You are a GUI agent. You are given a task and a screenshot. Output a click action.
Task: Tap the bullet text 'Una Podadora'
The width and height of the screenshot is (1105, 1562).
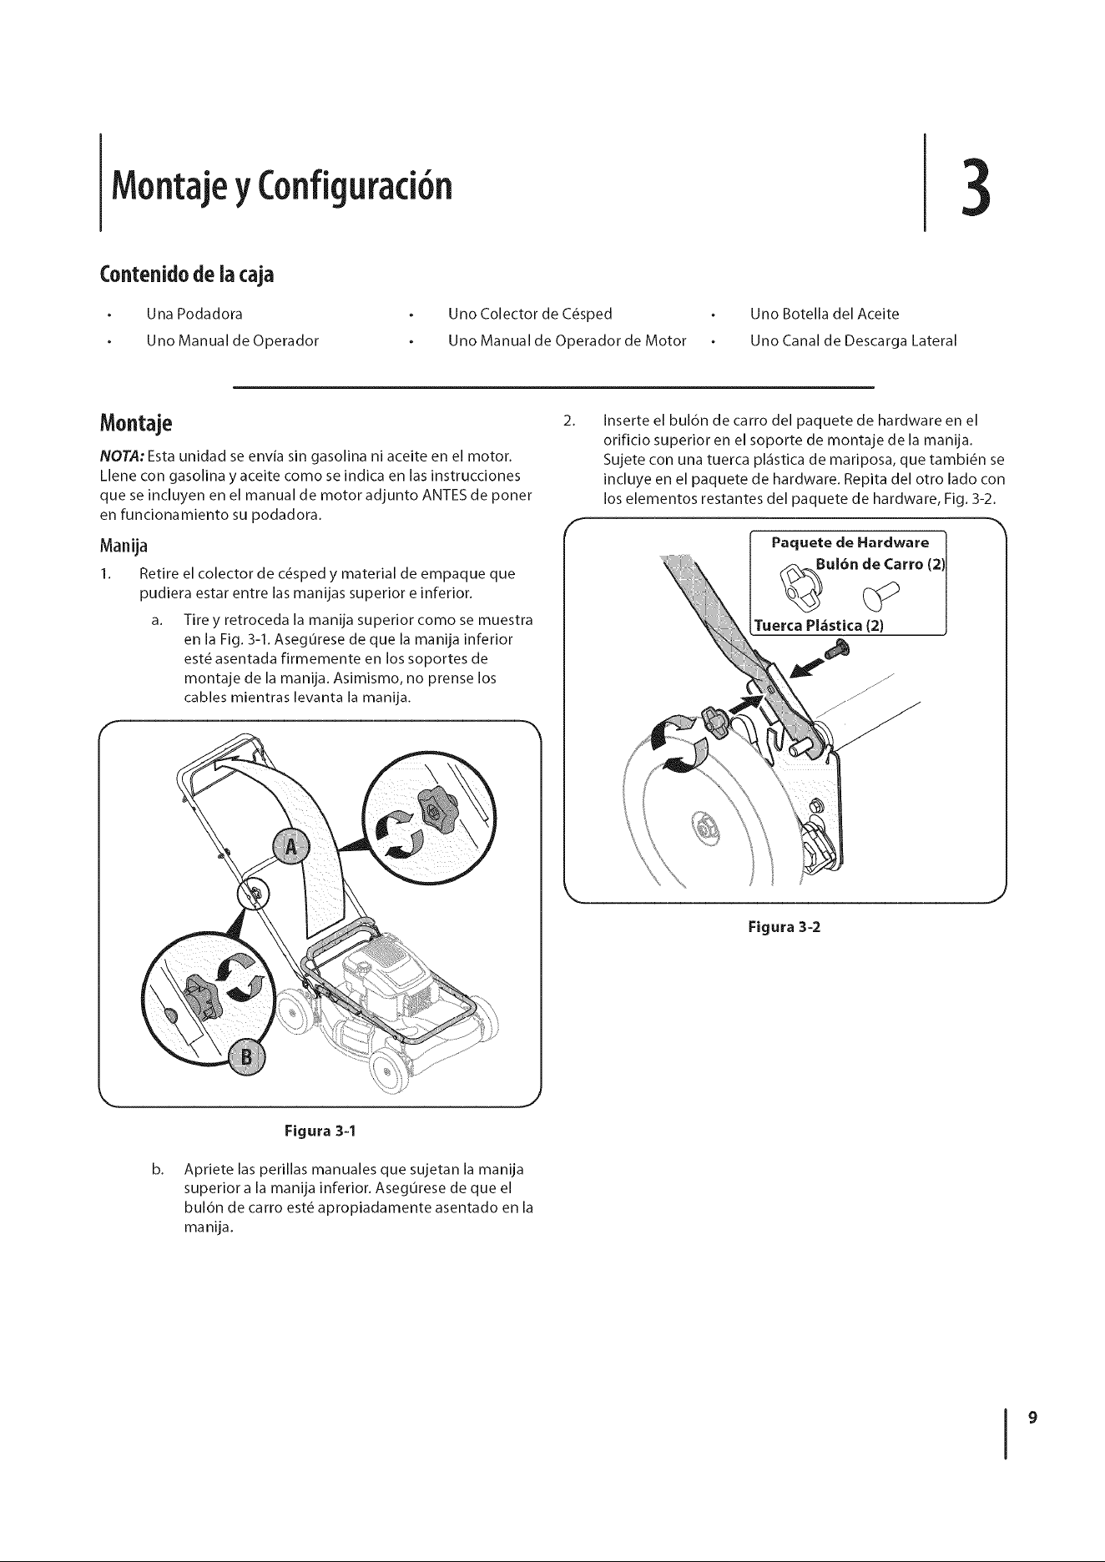pyautogui.click(x=194, y=314)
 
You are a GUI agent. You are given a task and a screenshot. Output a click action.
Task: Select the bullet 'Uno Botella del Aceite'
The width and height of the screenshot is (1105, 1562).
pyautogui.click(x=825, y=314)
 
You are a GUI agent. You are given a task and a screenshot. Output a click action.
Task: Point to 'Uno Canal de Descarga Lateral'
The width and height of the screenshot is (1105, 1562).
pyautogui.click(x=853, y=340)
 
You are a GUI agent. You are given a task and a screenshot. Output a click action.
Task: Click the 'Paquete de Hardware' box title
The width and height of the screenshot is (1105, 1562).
pyautogui.click(x=850, y=543)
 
